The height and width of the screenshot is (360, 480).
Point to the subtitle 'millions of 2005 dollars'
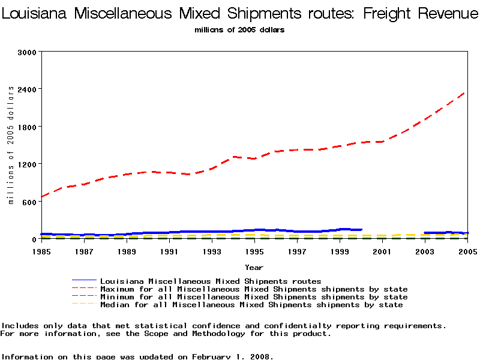pyautogui.click(x=239, y=30)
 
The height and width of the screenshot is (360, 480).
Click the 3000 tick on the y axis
pyautogui.click(x=28, y=52)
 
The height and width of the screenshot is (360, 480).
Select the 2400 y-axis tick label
pyautogui.click(x=28, y=89)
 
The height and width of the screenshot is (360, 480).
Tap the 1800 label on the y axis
pyautogui.click(x=28, y=127)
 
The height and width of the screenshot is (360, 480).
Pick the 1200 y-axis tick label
pyautogui.click(x=28, y=164)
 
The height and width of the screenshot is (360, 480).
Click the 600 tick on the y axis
pyautogui.click(x=31, y=202)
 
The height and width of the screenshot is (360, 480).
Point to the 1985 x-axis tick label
pyautogui.click(x=41, y=251)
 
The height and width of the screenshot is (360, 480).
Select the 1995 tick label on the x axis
pyautogui.click(x=254, y=251)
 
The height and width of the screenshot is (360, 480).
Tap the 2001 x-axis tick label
pyautogui.click(x=382, y=251)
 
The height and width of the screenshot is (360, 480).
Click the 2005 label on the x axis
pyautogui.click(x=467, y=251)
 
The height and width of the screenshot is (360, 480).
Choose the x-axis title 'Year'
pyautogui.click(x=254, y=267)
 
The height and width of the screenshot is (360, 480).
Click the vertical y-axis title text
pyautogui.click(x=11, y=145)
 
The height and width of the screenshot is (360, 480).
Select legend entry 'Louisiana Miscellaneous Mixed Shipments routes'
pyautogui.click(x=211, y=281)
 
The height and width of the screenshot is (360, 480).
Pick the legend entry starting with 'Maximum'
pyautogui.click(x=254, y=289)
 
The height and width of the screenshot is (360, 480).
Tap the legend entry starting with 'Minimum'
pyautogui.click(x=254, y=297)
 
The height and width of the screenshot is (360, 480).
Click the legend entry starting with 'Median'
pyautogui.click(x=251, y=305)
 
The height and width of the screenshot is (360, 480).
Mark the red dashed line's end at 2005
pyautogui.click(x=467, y=91)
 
